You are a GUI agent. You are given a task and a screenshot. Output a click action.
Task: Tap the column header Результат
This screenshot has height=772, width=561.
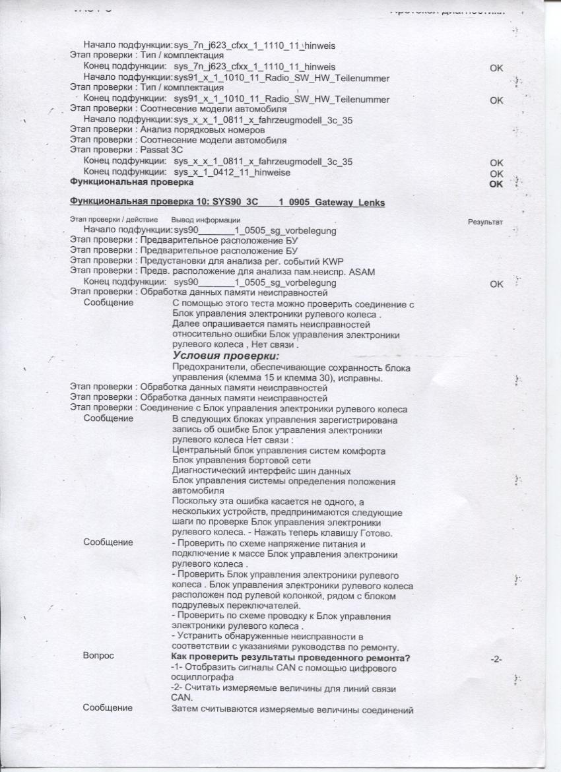point(485,222)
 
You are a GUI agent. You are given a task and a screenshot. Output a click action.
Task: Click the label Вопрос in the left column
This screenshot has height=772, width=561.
point(98,657)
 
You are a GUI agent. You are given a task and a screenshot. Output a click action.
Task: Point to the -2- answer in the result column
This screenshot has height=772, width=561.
point(496,659)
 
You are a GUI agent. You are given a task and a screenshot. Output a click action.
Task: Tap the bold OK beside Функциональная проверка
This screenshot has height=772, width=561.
point(496,183)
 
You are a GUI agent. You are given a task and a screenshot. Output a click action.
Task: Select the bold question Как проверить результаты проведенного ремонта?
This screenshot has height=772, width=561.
point(291,657)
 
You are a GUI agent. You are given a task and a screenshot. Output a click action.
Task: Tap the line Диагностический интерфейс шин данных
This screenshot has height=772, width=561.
point(261,470)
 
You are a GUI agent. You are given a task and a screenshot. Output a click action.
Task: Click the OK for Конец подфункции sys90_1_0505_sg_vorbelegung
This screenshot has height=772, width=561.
point(496,284)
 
